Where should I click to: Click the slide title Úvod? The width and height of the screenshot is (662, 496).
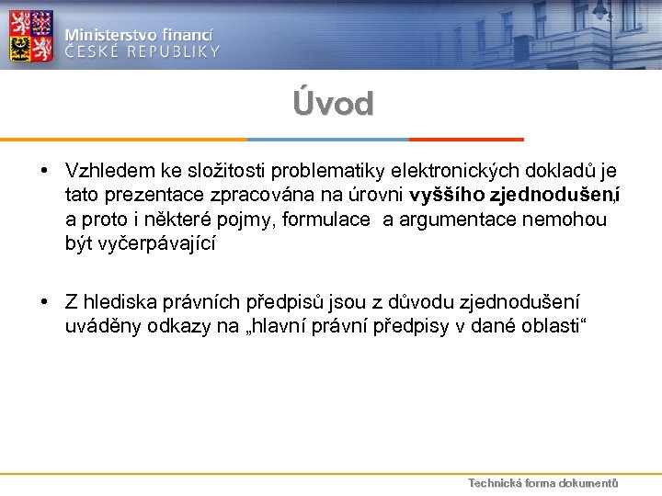pyautogui.click(x=333, y=104)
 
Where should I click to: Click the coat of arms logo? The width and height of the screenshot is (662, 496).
pyautogui.click(x=30, y=35)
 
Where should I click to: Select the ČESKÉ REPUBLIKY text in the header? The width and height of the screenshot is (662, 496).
pyautogui.click(x=143, y=51)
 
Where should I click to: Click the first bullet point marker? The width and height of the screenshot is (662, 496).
pyautogui.click(x=43, y=172)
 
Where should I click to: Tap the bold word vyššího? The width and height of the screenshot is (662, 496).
pyautogui.click(x=448, y=196)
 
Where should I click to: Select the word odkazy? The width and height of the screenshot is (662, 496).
pyautogui.click(x=180, y=328)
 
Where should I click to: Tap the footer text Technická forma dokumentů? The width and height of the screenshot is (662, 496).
pyautogui.click(x=542, y=483)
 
